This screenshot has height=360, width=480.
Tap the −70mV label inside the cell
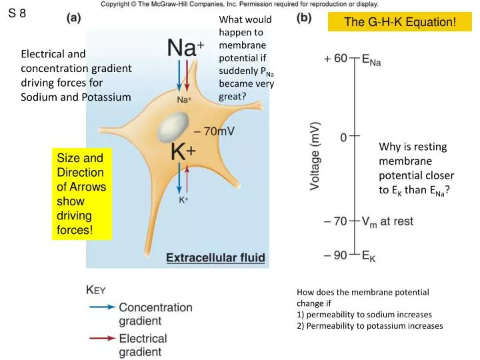click(213, 131)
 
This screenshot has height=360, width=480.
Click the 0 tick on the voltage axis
click(343, 137)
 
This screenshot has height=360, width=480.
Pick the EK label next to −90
click(369, 257)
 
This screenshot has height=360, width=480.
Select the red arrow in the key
click(101, 339)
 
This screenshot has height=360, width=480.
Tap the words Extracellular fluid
click(215, 257)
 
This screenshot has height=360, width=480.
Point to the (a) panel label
click(74, 19)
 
